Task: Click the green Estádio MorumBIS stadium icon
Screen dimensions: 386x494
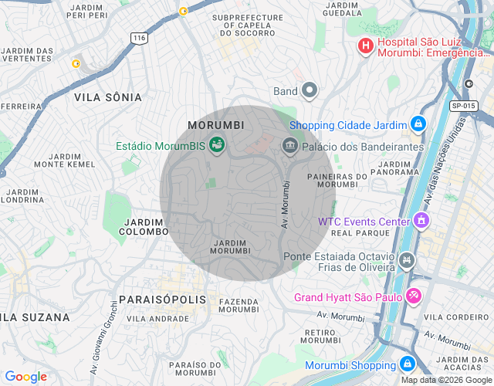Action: point(218,144)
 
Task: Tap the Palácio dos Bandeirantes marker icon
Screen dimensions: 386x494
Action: point(290,144)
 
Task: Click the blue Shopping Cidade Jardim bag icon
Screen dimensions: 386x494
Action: point(418,123)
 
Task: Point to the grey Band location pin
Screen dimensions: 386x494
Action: point(310,90)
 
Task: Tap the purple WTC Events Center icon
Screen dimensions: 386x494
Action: point(421,221)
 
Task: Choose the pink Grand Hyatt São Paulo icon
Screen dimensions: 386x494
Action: point(414,296)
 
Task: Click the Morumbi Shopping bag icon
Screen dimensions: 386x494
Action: point(407,364)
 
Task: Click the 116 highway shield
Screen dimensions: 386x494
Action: point(139,38)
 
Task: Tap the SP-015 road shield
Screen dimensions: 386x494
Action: point(462,106)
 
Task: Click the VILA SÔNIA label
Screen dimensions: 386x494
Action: point(108,97)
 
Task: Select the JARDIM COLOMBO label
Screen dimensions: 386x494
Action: point(146,227)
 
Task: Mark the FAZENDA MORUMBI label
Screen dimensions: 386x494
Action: point(239,305)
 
